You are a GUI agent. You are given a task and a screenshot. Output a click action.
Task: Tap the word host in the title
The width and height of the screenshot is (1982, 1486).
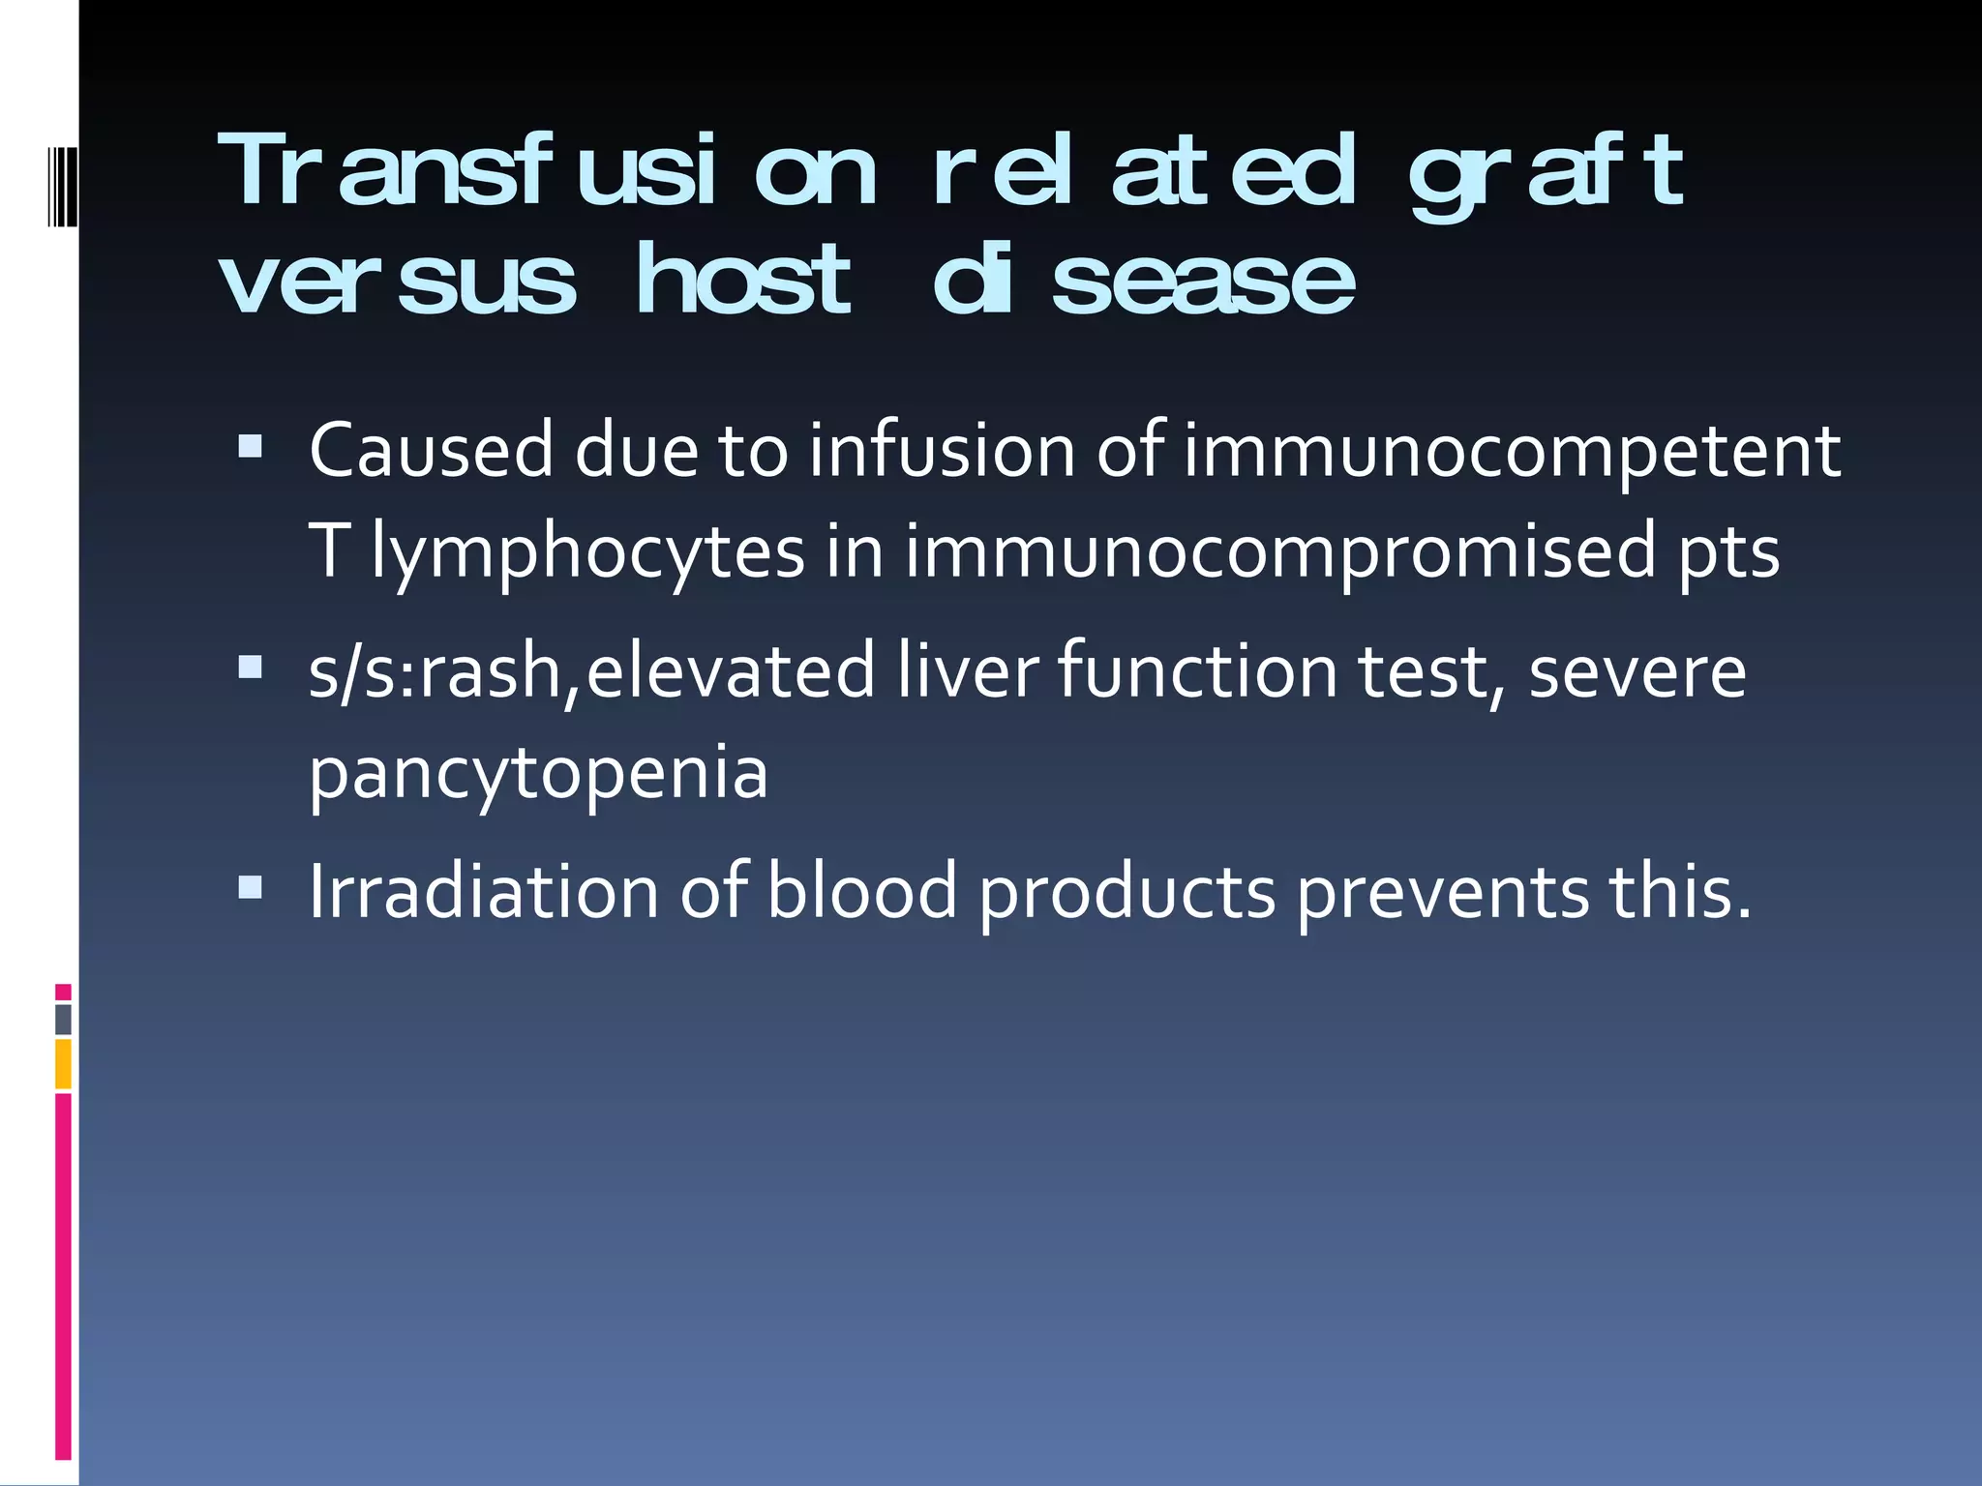[x=743, y=281]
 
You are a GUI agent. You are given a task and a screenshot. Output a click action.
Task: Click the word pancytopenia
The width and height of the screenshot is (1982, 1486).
[x=538, y=774]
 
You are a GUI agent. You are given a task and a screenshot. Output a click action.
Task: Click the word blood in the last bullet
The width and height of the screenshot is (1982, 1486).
[x=861, y=891]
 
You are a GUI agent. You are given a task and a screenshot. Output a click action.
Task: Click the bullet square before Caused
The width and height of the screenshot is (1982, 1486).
[x=251, y=446]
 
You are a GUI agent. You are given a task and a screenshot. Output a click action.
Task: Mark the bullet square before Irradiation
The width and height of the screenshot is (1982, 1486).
[x=251, y=886]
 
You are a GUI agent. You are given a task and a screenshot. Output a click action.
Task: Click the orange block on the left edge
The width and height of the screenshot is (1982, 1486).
[x=63, y=1063]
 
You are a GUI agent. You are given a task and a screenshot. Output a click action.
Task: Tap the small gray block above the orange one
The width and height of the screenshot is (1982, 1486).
[x=63, y=1019]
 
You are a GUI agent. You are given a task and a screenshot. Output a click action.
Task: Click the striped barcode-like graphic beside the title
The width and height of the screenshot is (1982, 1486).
[x=61, y=173]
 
